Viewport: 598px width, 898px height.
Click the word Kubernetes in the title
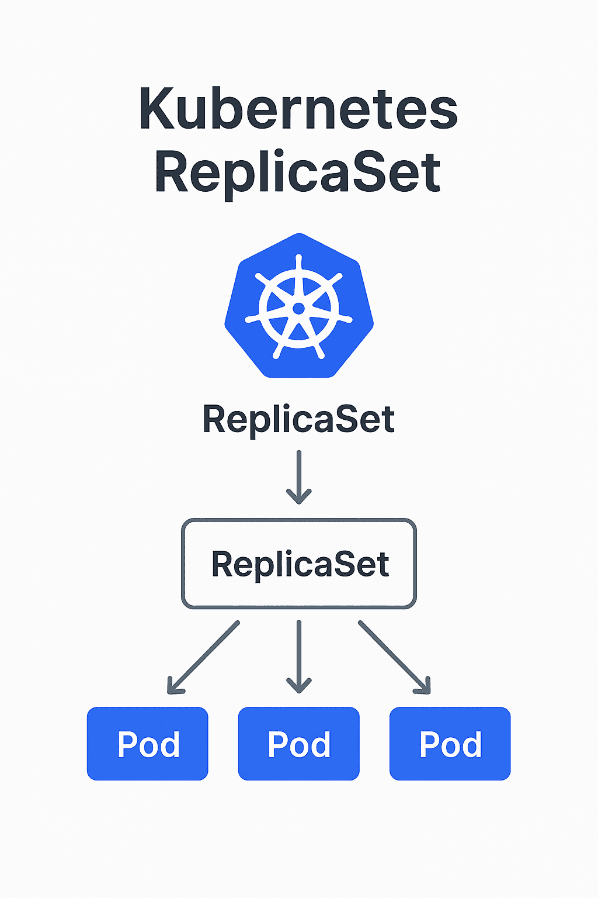tap(298, 109)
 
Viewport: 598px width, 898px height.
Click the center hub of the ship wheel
tap(298, 308)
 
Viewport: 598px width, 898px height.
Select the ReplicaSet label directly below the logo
tap(298, 419)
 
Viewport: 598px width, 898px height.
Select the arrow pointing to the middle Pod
tap(299, 655)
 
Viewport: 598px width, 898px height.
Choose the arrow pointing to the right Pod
tap(394, 657)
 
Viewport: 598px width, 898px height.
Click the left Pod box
tap(148, 744)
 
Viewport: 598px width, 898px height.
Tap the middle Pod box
tap(299, 744)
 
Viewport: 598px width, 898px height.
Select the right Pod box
tap(450, 744)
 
